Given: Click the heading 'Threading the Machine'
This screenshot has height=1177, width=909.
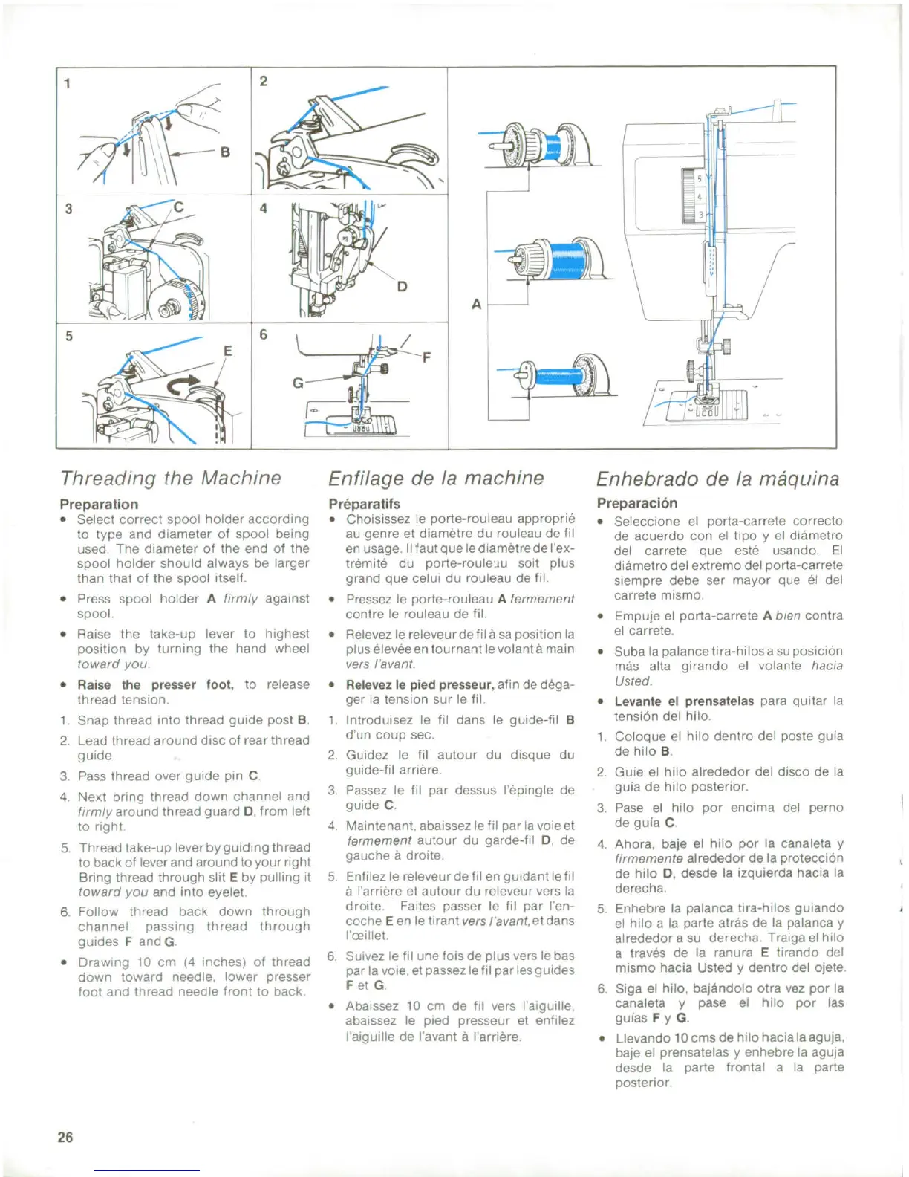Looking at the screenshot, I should click(x=171, y=478).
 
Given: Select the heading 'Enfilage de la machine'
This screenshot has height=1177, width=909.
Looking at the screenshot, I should click(x=436, y=478).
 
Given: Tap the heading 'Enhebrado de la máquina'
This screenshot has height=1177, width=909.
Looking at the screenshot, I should click(x=717, y=479).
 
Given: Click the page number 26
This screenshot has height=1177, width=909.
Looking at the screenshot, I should click(x=65, y=1137).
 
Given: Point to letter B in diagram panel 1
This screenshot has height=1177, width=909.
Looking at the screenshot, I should click(x=225, y=152).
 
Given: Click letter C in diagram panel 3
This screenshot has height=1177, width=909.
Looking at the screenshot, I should click(x=178, y=207).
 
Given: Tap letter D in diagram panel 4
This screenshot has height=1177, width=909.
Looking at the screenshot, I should click(x=402, y=287).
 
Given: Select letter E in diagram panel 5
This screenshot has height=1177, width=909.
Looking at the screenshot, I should click(x=228, y=351).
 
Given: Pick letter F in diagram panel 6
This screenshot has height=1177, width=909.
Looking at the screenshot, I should click(x=426, y=357).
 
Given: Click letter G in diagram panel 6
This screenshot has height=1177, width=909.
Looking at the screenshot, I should click(x=298, y=383).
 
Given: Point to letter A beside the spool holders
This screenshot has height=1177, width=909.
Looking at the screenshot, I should click(x=476, y=303).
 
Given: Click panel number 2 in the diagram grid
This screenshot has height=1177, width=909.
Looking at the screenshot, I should click(x=263, y=80).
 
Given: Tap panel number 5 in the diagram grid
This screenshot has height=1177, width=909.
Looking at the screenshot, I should click(x=69, y=336).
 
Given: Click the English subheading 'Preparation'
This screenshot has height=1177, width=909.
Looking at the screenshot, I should click(x=99, y=504).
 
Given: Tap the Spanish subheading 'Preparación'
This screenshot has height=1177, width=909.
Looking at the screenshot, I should click(x=636, y=503).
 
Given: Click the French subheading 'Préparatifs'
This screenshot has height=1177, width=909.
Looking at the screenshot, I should click(x=364, y=504).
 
